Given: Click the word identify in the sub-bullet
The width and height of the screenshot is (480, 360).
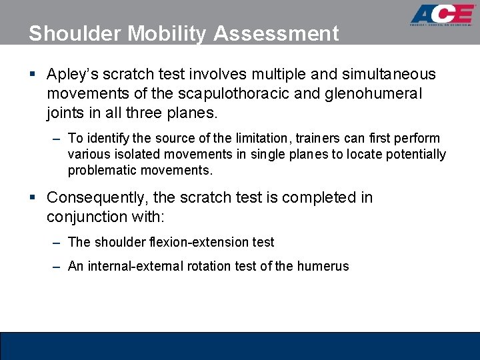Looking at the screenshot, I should pos(104,139).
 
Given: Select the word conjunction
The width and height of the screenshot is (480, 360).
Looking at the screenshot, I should pos(87,217).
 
